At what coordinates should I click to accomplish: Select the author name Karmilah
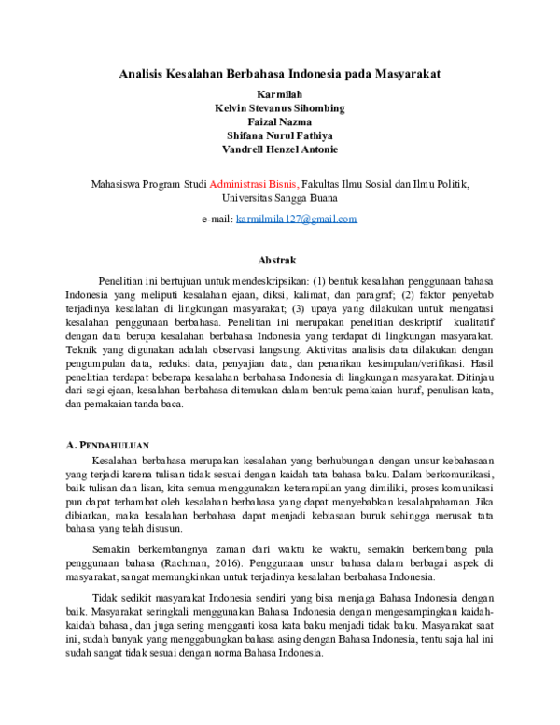(280, 94)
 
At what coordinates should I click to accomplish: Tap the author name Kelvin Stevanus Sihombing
(280, 108)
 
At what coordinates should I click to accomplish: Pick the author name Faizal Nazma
(280, 121)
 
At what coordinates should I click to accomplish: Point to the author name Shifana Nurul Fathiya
(280, 135)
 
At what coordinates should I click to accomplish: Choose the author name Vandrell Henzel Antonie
(280, 149)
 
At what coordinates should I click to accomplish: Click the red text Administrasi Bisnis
(254, 184)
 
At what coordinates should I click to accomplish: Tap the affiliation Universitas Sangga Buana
(280, 198)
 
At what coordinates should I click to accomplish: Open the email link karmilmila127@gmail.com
(297, 219)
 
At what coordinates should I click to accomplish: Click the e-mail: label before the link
(217, 219)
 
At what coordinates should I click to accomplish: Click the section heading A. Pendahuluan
(109, 445)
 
